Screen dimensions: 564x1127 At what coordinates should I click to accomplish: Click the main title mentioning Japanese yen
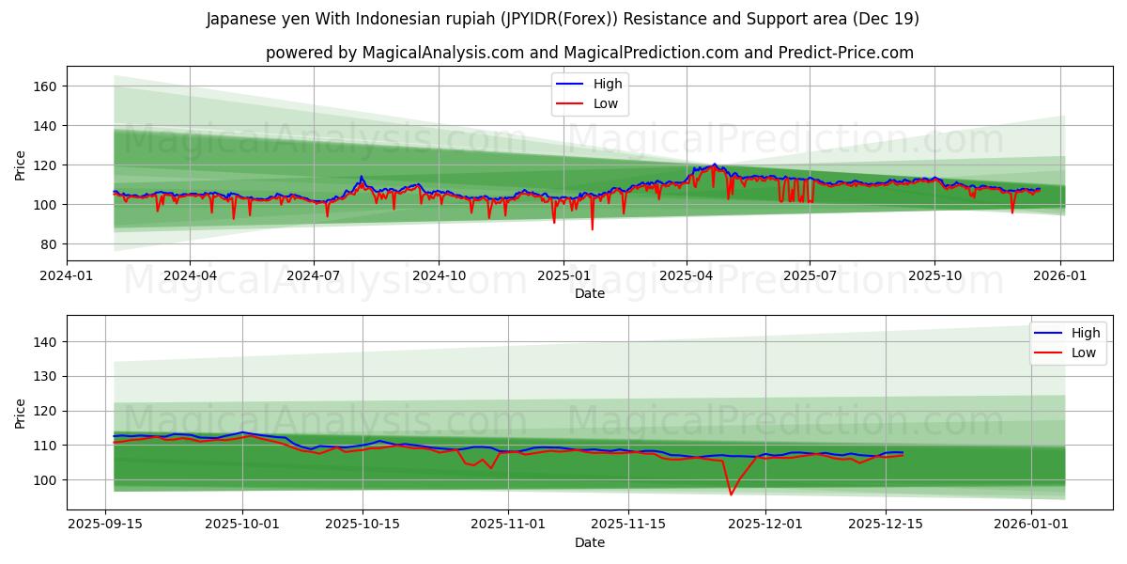(x=563, y=19)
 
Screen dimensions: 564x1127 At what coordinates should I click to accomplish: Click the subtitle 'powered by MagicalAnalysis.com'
(x=589, y=53)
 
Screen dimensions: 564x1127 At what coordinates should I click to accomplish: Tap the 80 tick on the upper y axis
(x=49, y=244)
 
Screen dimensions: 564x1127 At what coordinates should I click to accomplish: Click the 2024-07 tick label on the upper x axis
(x=313, y=275)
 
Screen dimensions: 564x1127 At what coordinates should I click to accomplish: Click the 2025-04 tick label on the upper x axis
(x=686, y=275)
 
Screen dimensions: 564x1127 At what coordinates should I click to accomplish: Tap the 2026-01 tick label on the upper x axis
(x=1060, y=275)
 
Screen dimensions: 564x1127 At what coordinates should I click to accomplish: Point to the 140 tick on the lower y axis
(x=45, y=342)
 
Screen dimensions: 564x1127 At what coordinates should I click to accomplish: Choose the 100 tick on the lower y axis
(x=45, y=479)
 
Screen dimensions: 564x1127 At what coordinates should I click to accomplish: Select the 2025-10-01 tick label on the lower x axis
(x=242, y=525)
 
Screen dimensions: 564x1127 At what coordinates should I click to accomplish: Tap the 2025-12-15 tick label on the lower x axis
(x=886, y=525)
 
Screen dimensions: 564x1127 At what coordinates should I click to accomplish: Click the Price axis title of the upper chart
(x=21, y=164)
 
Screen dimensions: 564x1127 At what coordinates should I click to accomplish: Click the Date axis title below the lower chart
(x=589, y=542)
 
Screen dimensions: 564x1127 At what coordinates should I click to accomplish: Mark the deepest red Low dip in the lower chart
(x=731, y=494)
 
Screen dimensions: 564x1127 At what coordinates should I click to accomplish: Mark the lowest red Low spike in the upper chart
(x=592, y=228)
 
